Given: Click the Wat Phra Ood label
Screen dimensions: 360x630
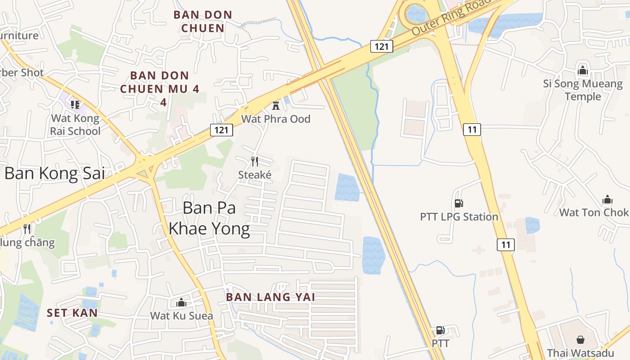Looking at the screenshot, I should coord(276,119).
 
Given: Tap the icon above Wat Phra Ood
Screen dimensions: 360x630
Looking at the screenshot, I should coord(276,106).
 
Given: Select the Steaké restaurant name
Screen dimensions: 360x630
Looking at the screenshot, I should coord(255,175).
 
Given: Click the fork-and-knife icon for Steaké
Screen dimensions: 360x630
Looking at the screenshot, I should coord(255,162).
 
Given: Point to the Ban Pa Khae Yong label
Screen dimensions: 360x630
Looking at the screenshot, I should coord(209,218).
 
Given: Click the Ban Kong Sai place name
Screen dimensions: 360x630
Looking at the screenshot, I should coord(54,173).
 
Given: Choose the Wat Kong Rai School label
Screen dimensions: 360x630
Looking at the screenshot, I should coord(75,125).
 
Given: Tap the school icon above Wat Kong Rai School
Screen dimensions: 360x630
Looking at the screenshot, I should coord(75,105).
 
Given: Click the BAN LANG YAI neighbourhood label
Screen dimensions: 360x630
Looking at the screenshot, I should coord(270,297).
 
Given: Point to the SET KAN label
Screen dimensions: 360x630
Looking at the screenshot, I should coord(72,313).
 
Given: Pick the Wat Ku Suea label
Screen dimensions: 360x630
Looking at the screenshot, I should coord(181,315).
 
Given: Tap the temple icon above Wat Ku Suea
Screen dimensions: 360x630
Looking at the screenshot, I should coord(181,302).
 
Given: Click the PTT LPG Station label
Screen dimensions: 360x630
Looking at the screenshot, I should coord(459,217).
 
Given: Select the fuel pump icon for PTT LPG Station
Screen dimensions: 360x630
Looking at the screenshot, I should coord(459,203).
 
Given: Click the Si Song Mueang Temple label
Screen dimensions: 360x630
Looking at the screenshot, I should coord(583,90).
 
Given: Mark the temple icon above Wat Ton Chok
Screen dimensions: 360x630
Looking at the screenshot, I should coord(607,199).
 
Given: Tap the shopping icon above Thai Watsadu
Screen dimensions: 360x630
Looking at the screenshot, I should coord(580,339).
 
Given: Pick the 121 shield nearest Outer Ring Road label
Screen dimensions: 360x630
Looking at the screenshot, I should coord(382,46).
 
